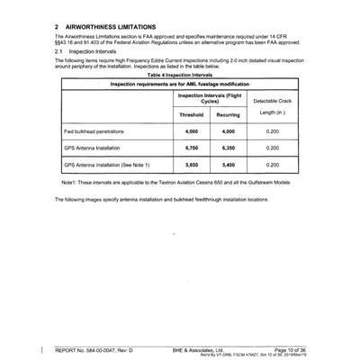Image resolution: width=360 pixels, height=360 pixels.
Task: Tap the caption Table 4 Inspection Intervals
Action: (180, 75)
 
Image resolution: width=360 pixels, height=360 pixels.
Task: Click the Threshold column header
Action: (191, 115)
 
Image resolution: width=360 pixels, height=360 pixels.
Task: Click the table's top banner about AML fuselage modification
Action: (180, 84)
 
